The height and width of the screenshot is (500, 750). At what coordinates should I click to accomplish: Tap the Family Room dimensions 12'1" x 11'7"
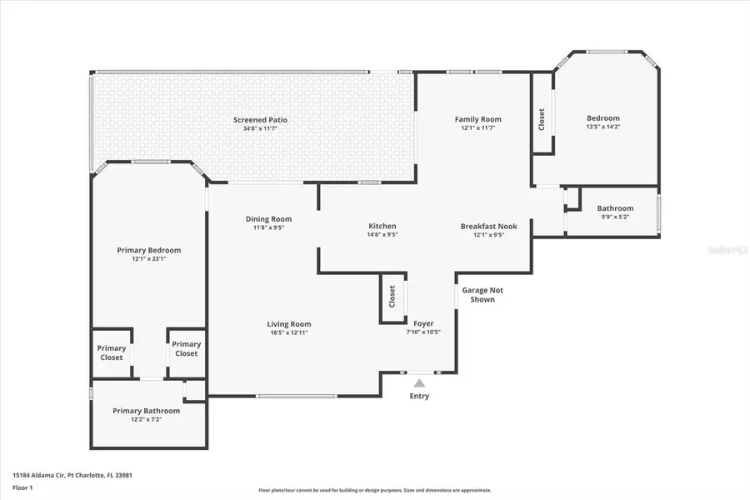point(477,127)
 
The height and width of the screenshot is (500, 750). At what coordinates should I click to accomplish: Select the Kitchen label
point(382,226)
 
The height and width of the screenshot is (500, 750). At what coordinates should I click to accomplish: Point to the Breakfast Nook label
point(489,226)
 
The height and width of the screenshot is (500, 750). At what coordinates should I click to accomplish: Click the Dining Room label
point(268,219)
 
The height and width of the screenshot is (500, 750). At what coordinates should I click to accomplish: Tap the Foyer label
point(423,323)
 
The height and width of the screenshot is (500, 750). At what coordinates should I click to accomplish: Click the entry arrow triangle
point(419,383)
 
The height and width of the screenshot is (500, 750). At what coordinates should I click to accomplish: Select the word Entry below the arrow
point(419,396)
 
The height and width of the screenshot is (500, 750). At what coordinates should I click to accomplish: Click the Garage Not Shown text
point(483,295)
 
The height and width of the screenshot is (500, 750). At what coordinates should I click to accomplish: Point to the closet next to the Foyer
point(392,297)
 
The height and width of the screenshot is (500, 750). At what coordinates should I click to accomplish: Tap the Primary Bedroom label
point(148,250)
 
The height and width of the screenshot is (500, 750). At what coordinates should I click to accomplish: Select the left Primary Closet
point(112,352)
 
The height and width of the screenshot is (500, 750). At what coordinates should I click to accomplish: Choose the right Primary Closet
point(187,348)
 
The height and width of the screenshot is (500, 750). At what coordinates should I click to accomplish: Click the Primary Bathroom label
point(147,410)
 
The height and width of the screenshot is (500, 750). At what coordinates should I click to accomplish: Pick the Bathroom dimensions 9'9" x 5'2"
point(615,217)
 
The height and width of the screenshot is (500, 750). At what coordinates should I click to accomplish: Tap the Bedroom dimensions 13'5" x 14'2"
point(603,127)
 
